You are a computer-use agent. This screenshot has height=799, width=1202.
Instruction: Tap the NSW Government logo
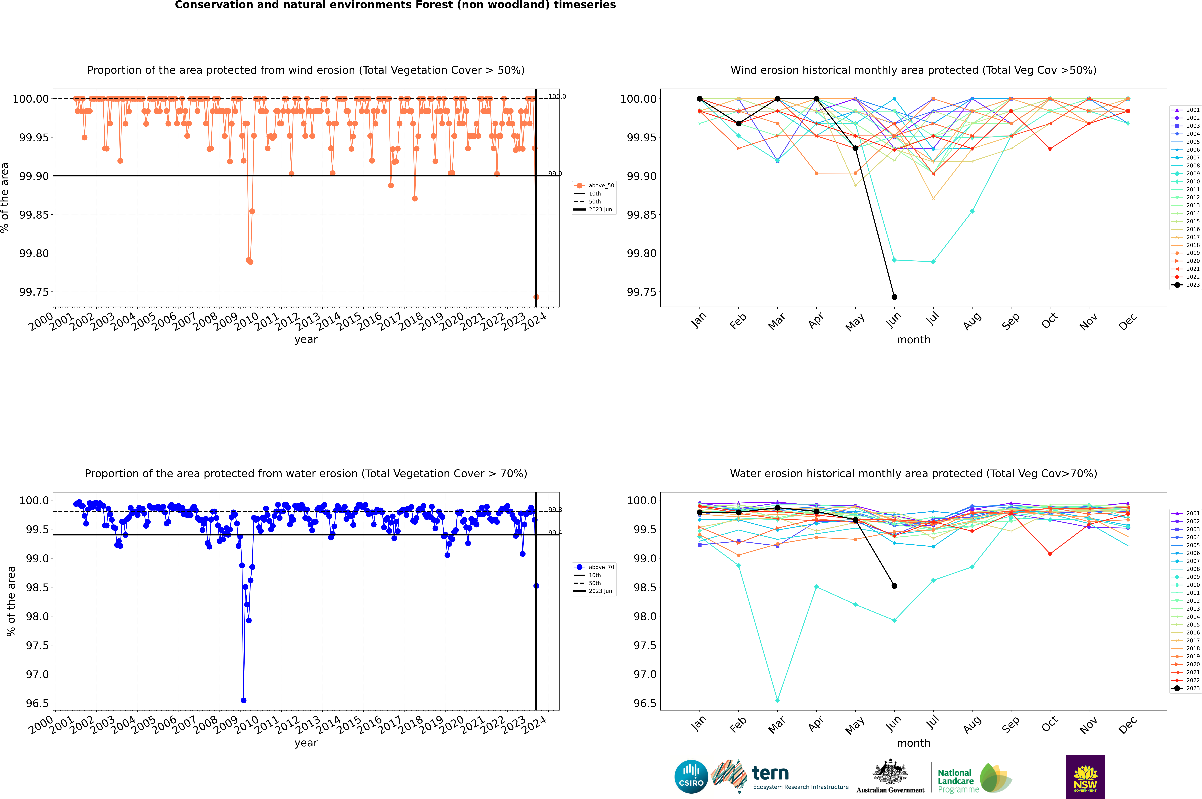pyautogui.click(x=1085, y=777)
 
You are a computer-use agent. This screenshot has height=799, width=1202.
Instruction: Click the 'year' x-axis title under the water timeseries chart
pyautogui.click(x=306, y=743)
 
